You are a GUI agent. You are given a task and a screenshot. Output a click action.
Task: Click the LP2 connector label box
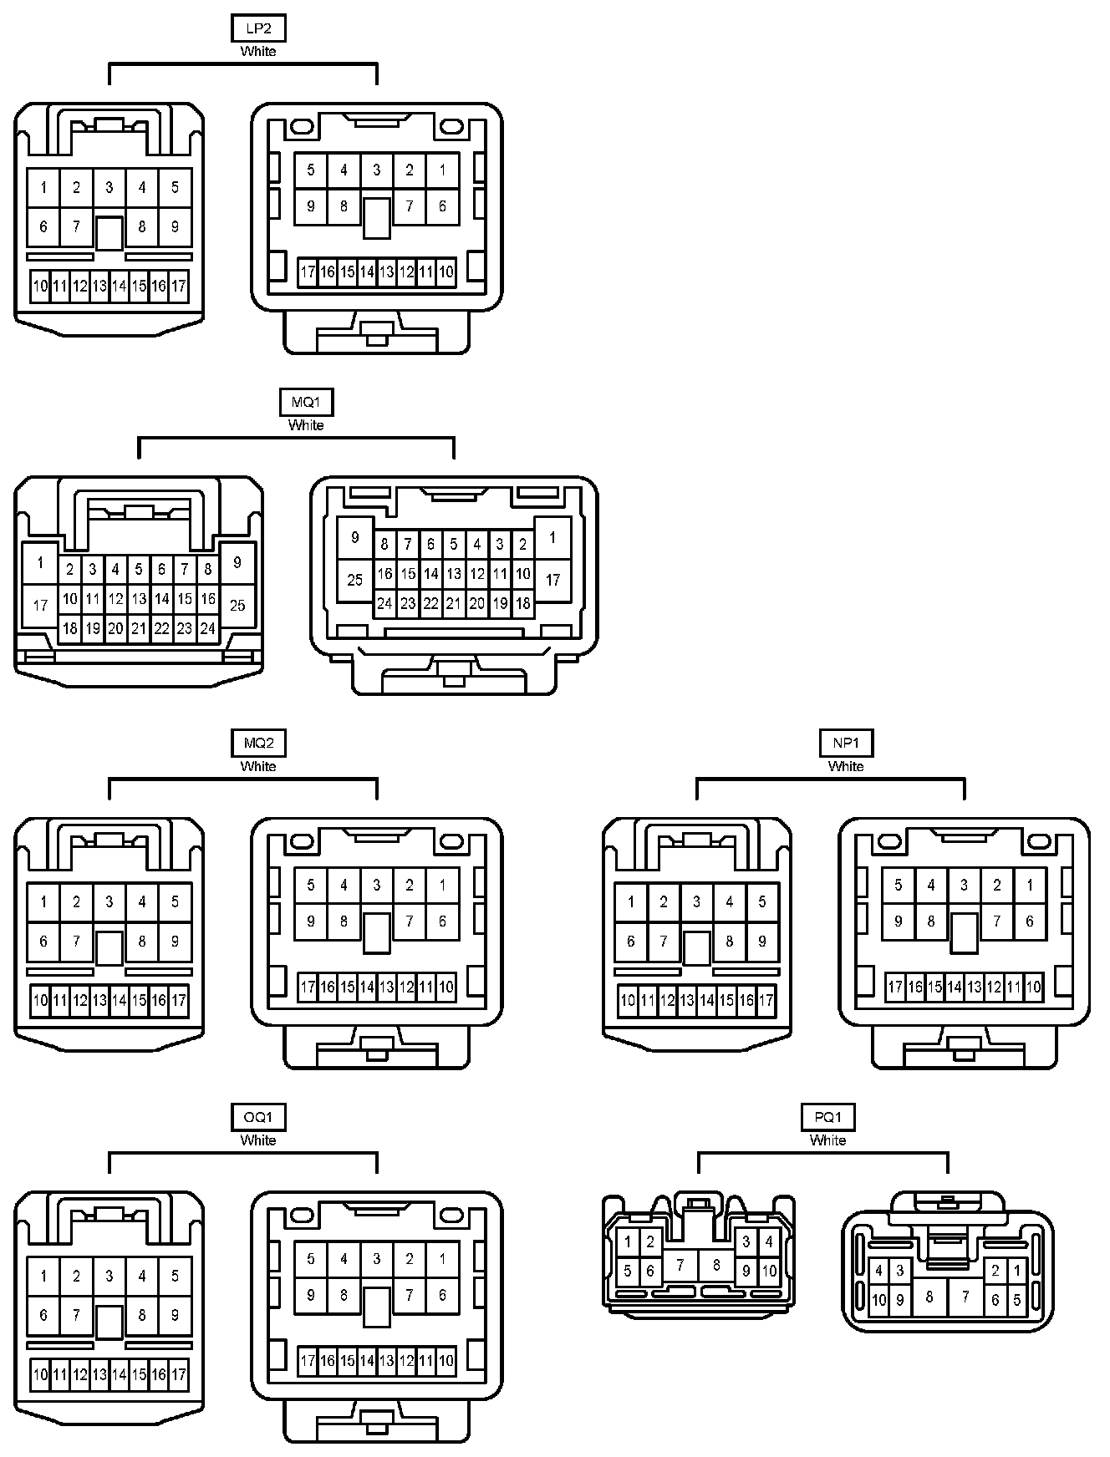258,28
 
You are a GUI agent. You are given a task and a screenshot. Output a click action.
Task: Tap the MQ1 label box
306,403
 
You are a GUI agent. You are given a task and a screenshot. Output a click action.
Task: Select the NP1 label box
846,743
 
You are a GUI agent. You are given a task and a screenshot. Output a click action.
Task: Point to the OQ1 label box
258,1117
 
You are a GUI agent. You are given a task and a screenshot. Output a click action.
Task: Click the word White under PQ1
827,1140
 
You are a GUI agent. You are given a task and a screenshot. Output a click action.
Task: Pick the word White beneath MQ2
258,766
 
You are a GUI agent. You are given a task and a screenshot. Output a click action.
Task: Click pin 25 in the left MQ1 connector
237,605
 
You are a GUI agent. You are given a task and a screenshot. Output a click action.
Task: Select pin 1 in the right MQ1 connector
552,538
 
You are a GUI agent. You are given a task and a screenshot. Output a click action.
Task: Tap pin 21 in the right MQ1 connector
454,603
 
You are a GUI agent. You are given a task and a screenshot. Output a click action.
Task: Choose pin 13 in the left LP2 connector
99,287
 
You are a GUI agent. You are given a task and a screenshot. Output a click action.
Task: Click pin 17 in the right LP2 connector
308,272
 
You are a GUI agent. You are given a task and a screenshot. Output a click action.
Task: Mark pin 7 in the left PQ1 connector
680,1266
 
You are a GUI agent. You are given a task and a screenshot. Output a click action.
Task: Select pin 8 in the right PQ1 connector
929,1297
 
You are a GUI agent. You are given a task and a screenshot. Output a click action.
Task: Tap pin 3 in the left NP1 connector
696,901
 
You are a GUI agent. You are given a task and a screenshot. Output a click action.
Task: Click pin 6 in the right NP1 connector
1030,921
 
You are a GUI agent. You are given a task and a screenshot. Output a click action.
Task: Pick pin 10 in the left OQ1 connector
40,1374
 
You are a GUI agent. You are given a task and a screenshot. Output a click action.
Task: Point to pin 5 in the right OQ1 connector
311,1259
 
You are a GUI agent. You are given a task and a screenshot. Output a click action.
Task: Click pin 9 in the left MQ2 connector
175,942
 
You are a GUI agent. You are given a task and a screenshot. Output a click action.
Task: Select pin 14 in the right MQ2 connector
367,987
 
